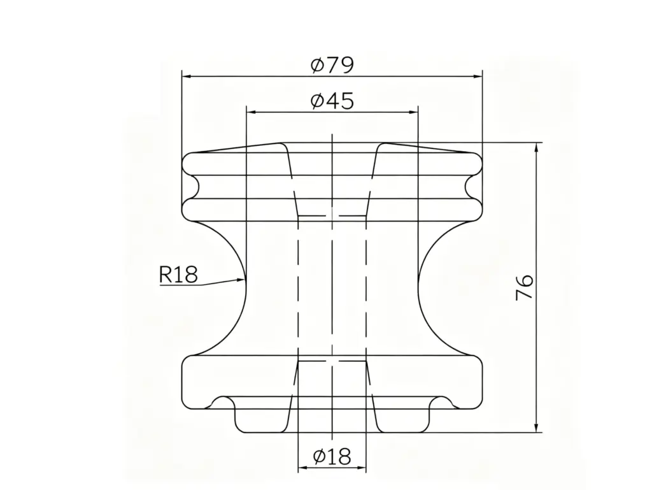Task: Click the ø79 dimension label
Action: point(332,65)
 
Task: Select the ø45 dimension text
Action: point(332,101)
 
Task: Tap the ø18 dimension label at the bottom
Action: point(332,456)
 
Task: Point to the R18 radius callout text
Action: point(178,275)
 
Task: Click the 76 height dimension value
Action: point(525,287)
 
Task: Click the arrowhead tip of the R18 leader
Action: point(245,279)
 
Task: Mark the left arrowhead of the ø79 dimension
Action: point(183,76)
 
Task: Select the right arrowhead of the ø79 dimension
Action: point(482,76)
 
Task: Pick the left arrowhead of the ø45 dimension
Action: point(247,112)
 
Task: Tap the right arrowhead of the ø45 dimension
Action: point(418,112)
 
